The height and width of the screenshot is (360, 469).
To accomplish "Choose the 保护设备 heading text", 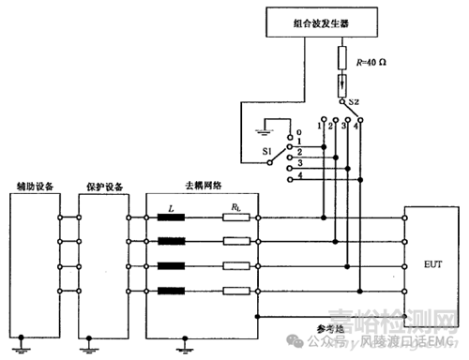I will pos(100,185).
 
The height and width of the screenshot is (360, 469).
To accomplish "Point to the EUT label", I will pos(431,265).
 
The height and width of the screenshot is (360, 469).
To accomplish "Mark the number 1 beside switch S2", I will pos(321,124).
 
